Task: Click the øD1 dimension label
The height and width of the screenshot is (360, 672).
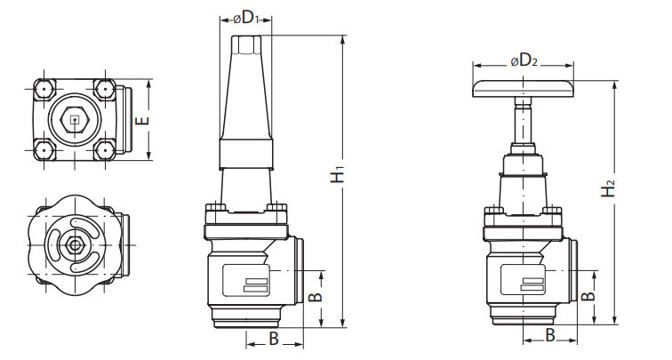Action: (246, 18)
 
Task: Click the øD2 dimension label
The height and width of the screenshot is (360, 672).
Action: (524, 60)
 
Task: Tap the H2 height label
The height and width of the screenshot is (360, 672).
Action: (608, 188)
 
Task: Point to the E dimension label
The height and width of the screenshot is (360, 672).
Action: (143, 120)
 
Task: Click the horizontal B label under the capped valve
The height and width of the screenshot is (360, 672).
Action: (274, 339)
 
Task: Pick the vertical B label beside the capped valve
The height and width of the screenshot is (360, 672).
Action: (316, 296)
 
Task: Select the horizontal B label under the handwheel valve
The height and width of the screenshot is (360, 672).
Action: (550, 335)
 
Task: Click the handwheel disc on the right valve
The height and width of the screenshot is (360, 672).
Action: (524, 88)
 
